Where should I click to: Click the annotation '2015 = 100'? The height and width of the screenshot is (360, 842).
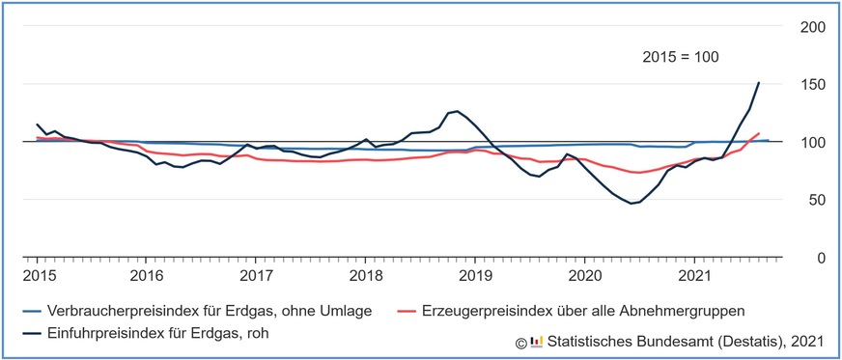tap(681, 58)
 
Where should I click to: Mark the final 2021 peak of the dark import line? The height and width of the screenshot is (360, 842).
tap(759, 82)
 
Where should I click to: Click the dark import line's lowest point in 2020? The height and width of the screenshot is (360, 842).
tap(631, 204)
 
